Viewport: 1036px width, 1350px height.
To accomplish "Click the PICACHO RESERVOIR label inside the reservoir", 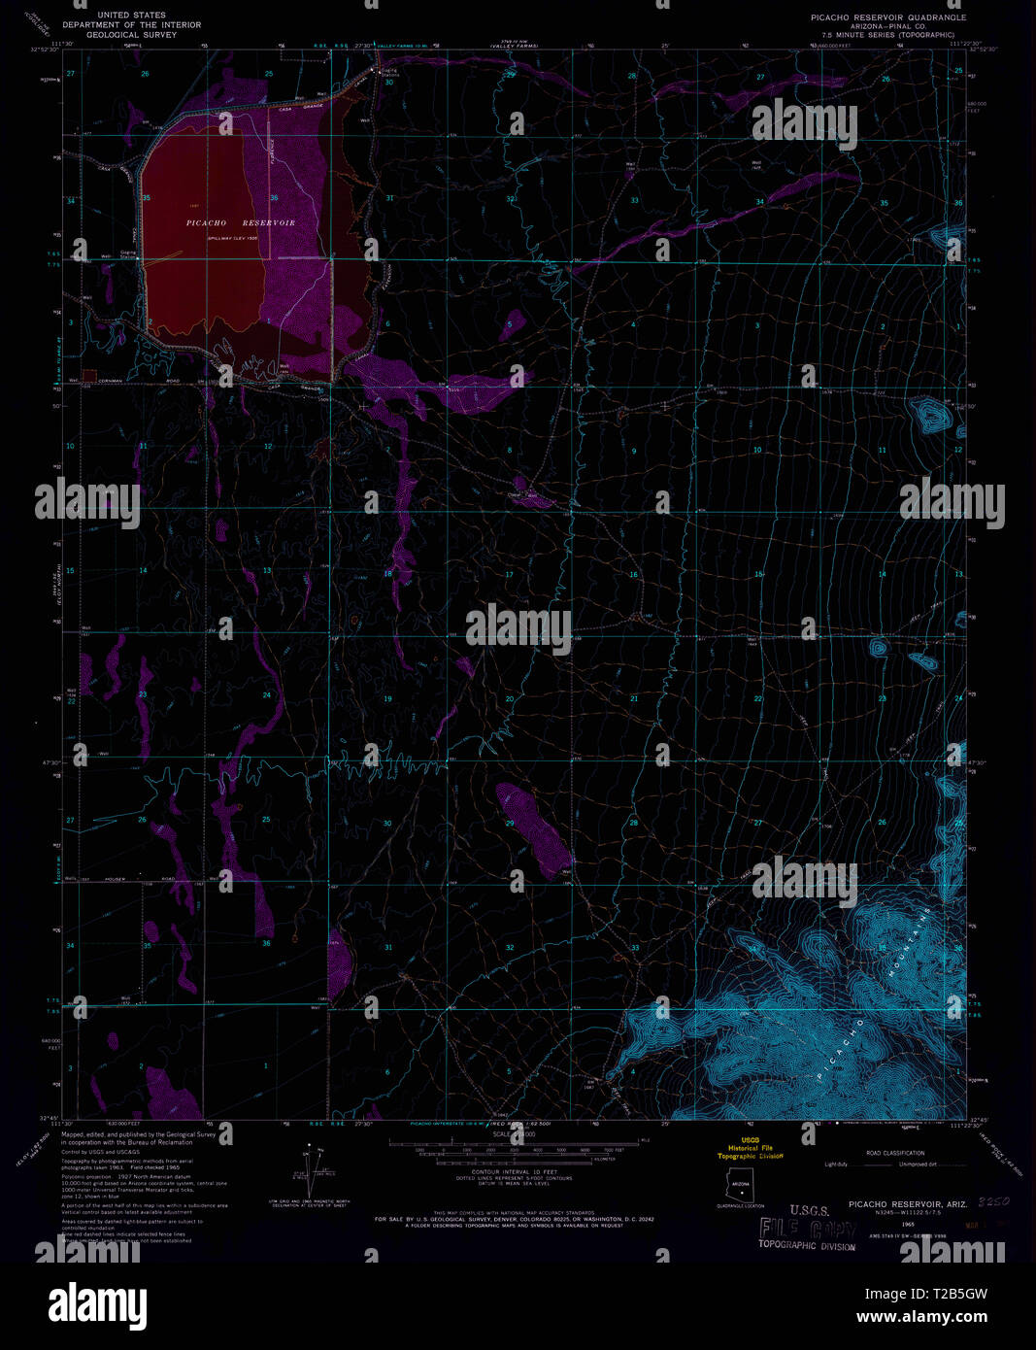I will (x=240, y=223).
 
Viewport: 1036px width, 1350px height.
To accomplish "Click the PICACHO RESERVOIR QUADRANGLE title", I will (x=888, y=17).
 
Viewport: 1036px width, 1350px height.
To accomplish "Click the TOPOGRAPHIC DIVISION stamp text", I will (x=807, y=1246).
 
